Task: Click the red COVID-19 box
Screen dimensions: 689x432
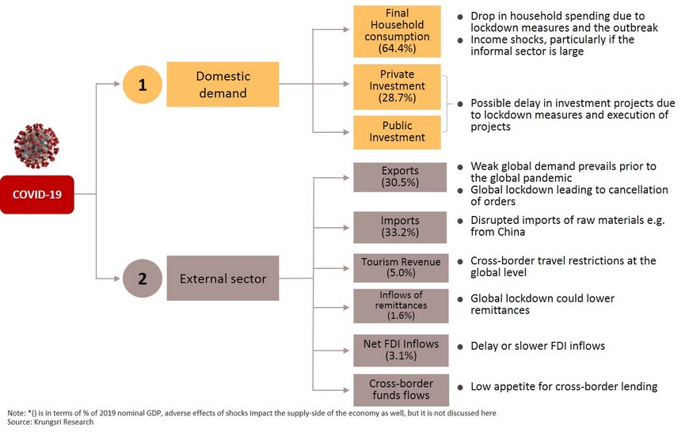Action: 37,195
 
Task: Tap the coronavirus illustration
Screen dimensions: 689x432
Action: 36,146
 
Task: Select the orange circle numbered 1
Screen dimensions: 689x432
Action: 142,85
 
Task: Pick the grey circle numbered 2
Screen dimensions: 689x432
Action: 142,279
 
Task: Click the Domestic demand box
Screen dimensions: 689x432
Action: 223,85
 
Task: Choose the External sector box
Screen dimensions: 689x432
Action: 223,279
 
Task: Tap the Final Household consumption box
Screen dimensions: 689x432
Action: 398,31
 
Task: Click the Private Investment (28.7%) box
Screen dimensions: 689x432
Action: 398,86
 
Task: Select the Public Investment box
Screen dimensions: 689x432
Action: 398,132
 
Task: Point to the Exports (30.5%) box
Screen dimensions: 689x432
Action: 400,177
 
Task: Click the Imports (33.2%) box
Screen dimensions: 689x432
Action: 400,227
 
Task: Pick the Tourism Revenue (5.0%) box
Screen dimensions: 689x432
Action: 401,267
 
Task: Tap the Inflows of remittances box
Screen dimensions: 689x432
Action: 401,305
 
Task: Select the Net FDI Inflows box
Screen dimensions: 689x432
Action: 401,350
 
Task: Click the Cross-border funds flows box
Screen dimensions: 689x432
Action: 402,390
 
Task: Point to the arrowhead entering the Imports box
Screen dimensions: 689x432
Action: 346,227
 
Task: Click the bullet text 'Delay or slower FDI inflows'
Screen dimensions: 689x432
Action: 538,346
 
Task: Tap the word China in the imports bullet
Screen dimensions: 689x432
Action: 511,232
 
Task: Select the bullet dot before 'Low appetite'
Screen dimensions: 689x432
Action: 460,387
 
